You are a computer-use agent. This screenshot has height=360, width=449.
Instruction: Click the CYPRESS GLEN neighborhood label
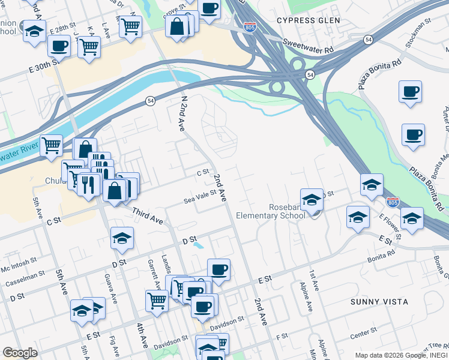(x=309, y=20)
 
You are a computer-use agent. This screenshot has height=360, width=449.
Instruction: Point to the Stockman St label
(x=421, y=31)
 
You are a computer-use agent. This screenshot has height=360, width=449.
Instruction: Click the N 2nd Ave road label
(x=182, y=113)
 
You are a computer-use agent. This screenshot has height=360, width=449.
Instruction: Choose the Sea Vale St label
(x=200, y=196)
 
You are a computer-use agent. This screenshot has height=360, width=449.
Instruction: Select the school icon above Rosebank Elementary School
(x=312, y=199)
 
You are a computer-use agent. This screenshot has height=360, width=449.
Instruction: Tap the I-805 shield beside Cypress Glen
(x=250, y=27)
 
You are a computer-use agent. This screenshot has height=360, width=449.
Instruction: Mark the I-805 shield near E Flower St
(x=393, y=202)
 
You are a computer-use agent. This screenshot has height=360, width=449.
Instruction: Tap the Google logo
(x=20, y=353)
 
